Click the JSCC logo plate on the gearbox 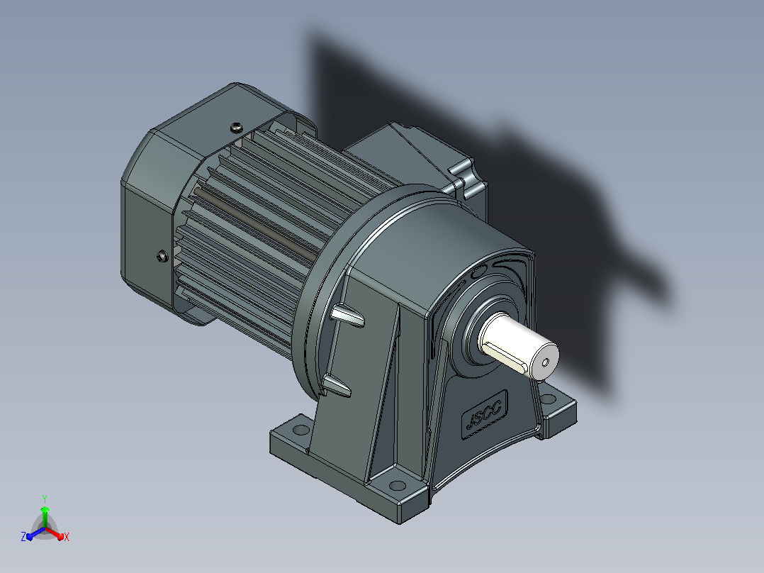coord(484,414)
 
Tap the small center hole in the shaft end coord(546,362)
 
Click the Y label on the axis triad coord(45,499)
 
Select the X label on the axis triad coord(67,537)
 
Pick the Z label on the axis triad coord(23,536)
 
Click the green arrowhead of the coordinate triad coord(45,510)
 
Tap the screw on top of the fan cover coord(236,128)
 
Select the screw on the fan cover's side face coord(163,256)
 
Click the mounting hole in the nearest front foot coord(398,486)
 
